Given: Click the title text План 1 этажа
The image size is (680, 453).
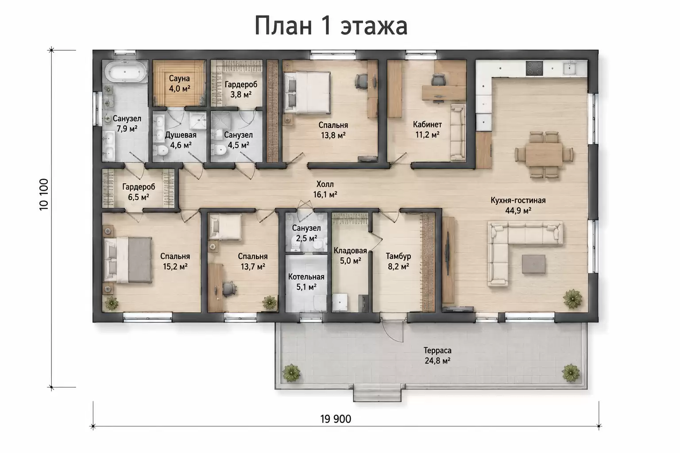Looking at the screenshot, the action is [x=331, y=26].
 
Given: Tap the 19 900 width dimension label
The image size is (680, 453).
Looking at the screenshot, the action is [x=336, y=419].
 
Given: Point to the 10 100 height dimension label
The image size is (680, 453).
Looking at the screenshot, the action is [x=44, y=195].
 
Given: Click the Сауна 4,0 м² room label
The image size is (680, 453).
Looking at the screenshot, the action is [x=179, y=84].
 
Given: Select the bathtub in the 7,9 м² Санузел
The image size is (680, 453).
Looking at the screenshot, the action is [x=126, y=72].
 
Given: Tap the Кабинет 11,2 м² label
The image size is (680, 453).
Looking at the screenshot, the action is [x=427, y=129].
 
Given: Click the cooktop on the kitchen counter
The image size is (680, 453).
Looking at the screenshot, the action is [x=534, y=68].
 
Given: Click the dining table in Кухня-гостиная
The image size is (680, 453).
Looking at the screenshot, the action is [x=544, y=154].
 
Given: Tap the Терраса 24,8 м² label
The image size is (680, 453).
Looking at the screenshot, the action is [x=437, y=356].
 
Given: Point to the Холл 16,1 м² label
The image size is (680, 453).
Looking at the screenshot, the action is [x=325, y=189].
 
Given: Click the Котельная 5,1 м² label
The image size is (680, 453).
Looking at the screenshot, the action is [x=306, y=282].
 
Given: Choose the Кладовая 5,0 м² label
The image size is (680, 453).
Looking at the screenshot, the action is [x=350, y=256].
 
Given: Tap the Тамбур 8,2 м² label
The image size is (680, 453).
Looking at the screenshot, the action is [x=398, y=261].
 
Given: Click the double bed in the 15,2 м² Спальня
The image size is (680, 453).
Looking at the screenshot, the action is [x=128, y=260].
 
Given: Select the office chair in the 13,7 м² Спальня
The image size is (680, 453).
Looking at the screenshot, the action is [x=229, y=288].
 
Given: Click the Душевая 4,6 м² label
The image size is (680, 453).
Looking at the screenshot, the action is [x=181, y=140].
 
